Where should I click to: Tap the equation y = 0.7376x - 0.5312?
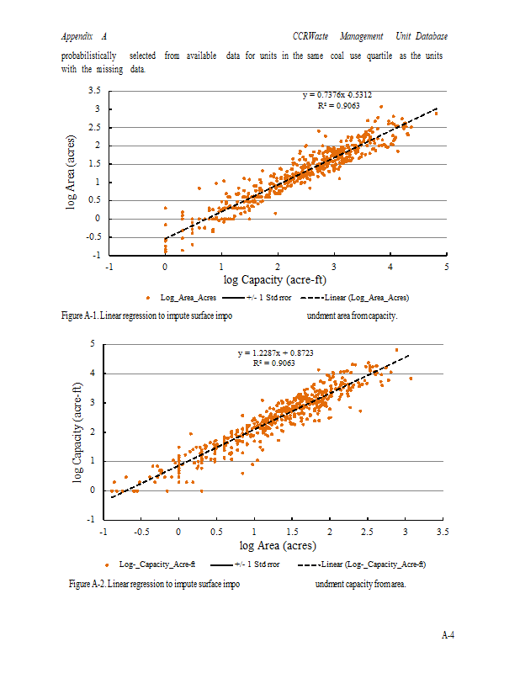337,96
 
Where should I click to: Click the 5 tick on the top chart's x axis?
447,267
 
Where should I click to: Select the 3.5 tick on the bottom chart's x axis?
442,532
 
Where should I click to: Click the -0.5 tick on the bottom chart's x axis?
141,532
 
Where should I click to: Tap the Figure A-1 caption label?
83,316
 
